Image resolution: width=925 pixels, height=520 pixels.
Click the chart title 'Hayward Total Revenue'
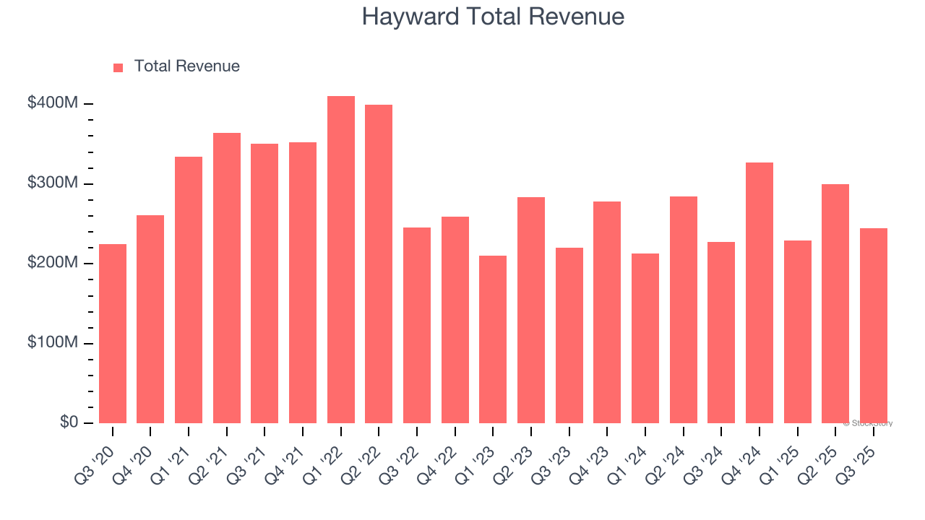[493, 17]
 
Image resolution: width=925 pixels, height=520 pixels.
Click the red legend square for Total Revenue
[119, 67]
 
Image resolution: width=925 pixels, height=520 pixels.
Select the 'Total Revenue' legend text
[186, 66]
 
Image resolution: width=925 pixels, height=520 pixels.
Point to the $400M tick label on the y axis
[53, 103]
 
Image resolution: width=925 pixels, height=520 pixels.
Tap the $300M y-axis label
[53, 183]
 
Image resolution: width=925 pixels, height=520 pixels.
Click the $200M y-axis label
[53, 263]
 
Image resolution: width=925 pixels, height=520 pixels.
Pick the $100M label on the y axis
[53, 342]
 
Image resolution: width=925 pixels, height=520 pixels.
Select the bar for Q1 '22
[341, 259]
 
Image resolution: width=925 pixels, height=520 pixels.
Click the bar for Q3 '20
[113, 334]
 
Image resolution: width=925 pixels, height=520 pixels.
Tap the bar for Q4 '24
[760, 292]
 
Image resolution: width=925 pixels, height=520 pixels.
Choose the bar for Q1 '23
[493, 339]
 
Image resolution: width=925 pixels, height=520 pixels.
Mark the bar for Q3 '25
[874, 326]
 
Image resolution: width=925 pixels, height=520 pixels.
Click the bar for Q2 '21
[227, 278]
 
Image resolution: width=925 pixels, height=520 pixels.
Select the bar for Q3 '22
[417, 325]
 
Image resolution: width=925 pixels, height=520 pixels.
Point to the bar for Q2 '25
[835, 303]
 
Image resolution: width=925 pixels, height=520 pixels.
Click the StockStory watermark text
[868, 423]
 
